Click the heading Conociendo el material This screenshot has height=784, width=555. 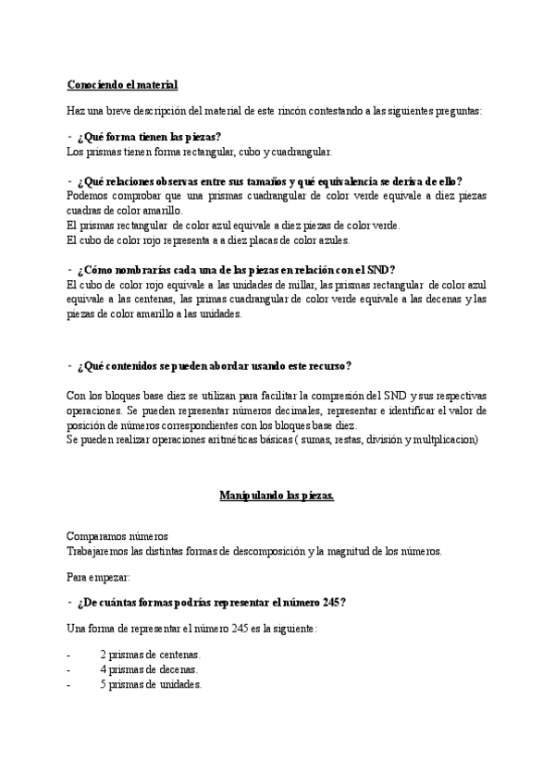(x=122, y=85)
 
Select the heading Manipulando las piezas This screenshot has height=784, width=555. (x=277, y=496)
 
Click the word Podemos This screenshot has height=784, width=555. (x=89, y=196)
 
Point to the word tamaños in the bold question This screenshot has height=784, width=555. (x=272, y=181)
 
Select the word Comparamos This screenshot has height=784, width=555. (x=95, y=536)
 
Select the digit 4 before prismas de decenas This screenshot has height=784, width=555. (x=103, y=669)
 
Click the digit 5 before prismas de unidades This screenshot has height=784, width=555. (x=103, y=685)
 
